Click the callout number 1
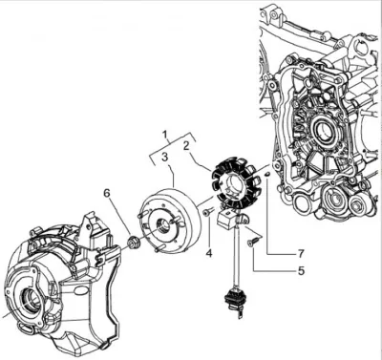point(165,135)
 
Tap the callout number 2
point(186,146)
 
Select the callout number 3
point(164,157)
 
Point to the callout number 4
point(209,254)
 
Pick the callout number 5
point(301,270)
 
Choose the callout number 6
point(107,193)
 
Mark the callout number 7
point(301,254)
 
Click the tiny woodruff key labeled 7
point(267,174)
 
